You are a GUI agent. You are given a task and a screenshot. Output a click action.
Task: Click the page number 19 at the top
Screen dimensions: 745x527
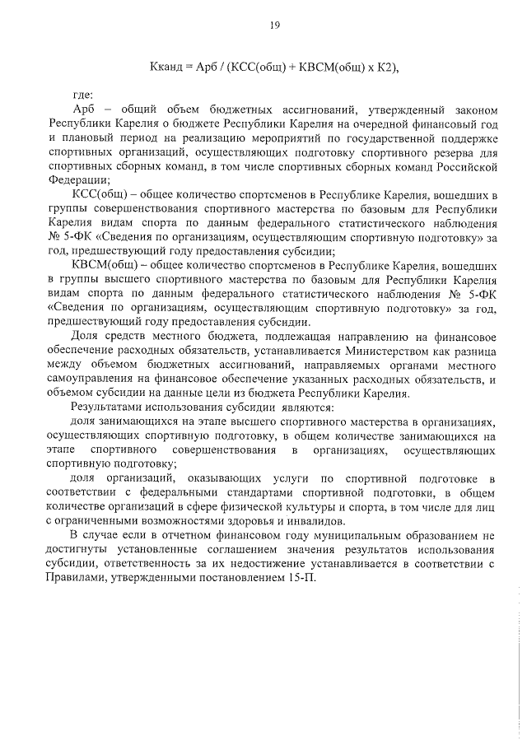[x=275, y=25]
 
